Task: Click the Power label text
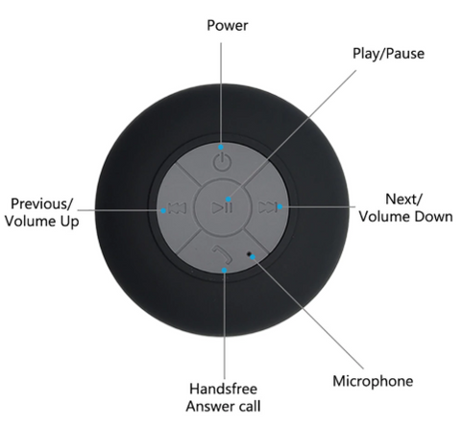(228, 26)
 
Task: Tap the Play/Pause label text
(388, 54)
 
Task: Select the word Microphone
(373, 381)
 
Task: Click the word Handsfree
(223, 389)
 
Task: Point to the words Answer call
(223, 407)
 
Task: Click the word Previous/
(42, 204)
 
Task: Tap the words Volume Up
(42, 222)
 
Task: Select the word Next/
(404, 200)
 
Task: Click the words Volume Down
(405, 217)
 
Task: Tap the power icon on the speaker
(222, 162)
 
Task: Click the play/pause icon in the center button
(222, 208)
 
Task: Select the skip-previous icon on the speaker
(177, 208)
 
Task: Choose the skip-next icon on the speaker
(267, 207)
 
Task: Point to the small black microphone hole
(249, 254)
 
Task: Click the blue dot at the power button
(221, 147)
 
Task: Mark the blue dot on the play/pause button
(229, 200)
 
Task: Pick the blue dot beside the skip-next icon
(279, 207)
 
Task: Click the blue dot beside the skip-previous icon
(163, 211)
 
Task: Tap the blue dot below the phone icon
(225, 271)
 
